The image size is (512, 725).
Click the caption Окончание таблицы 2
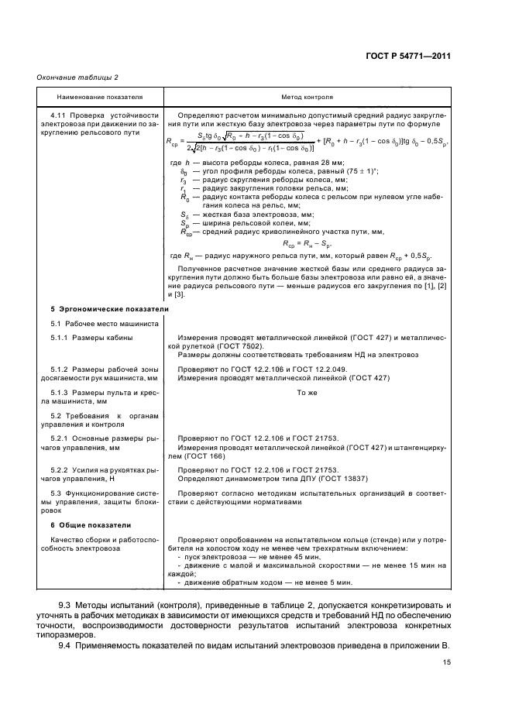coord(73,77)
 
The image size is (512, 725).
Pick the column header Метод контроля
coord(307,98)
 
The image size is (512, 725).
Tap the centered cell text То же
coord(308,393)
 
